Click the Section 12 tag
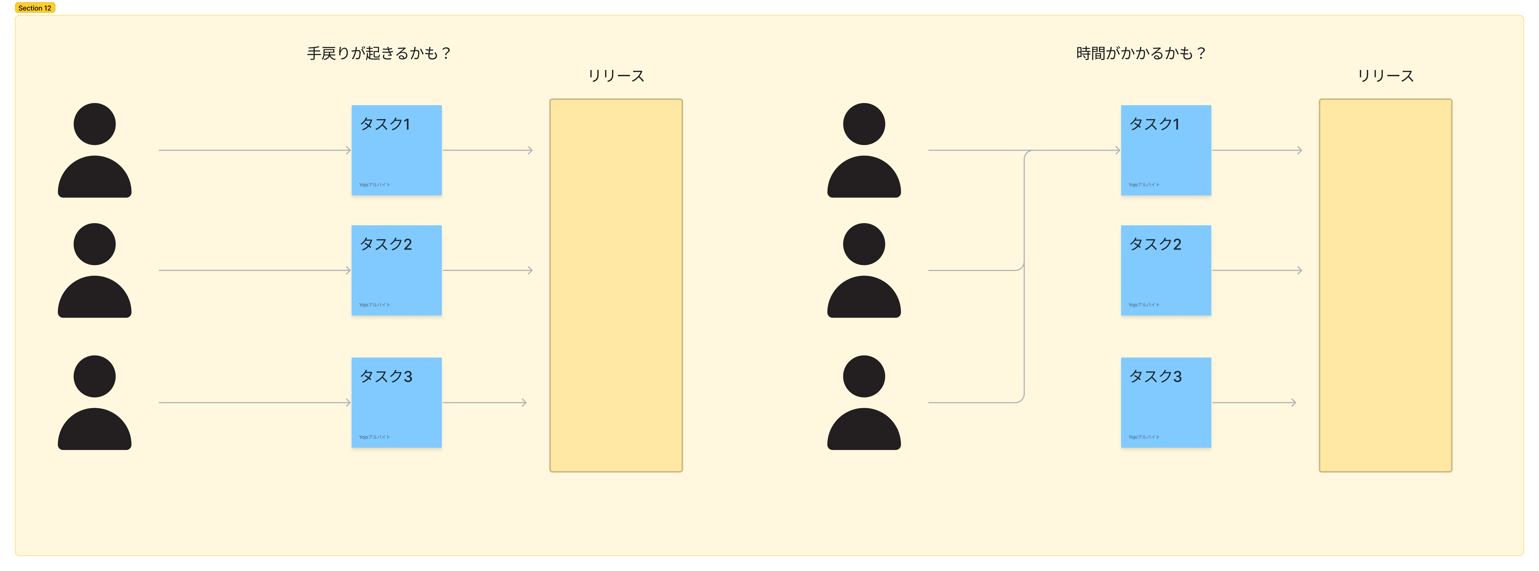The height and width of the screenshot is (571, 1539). pos(35,8)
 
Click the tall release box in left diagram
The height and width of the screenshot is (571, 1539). pos(616,285)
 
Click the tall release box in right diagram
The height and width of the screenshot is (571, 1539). pos(1386,285)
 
